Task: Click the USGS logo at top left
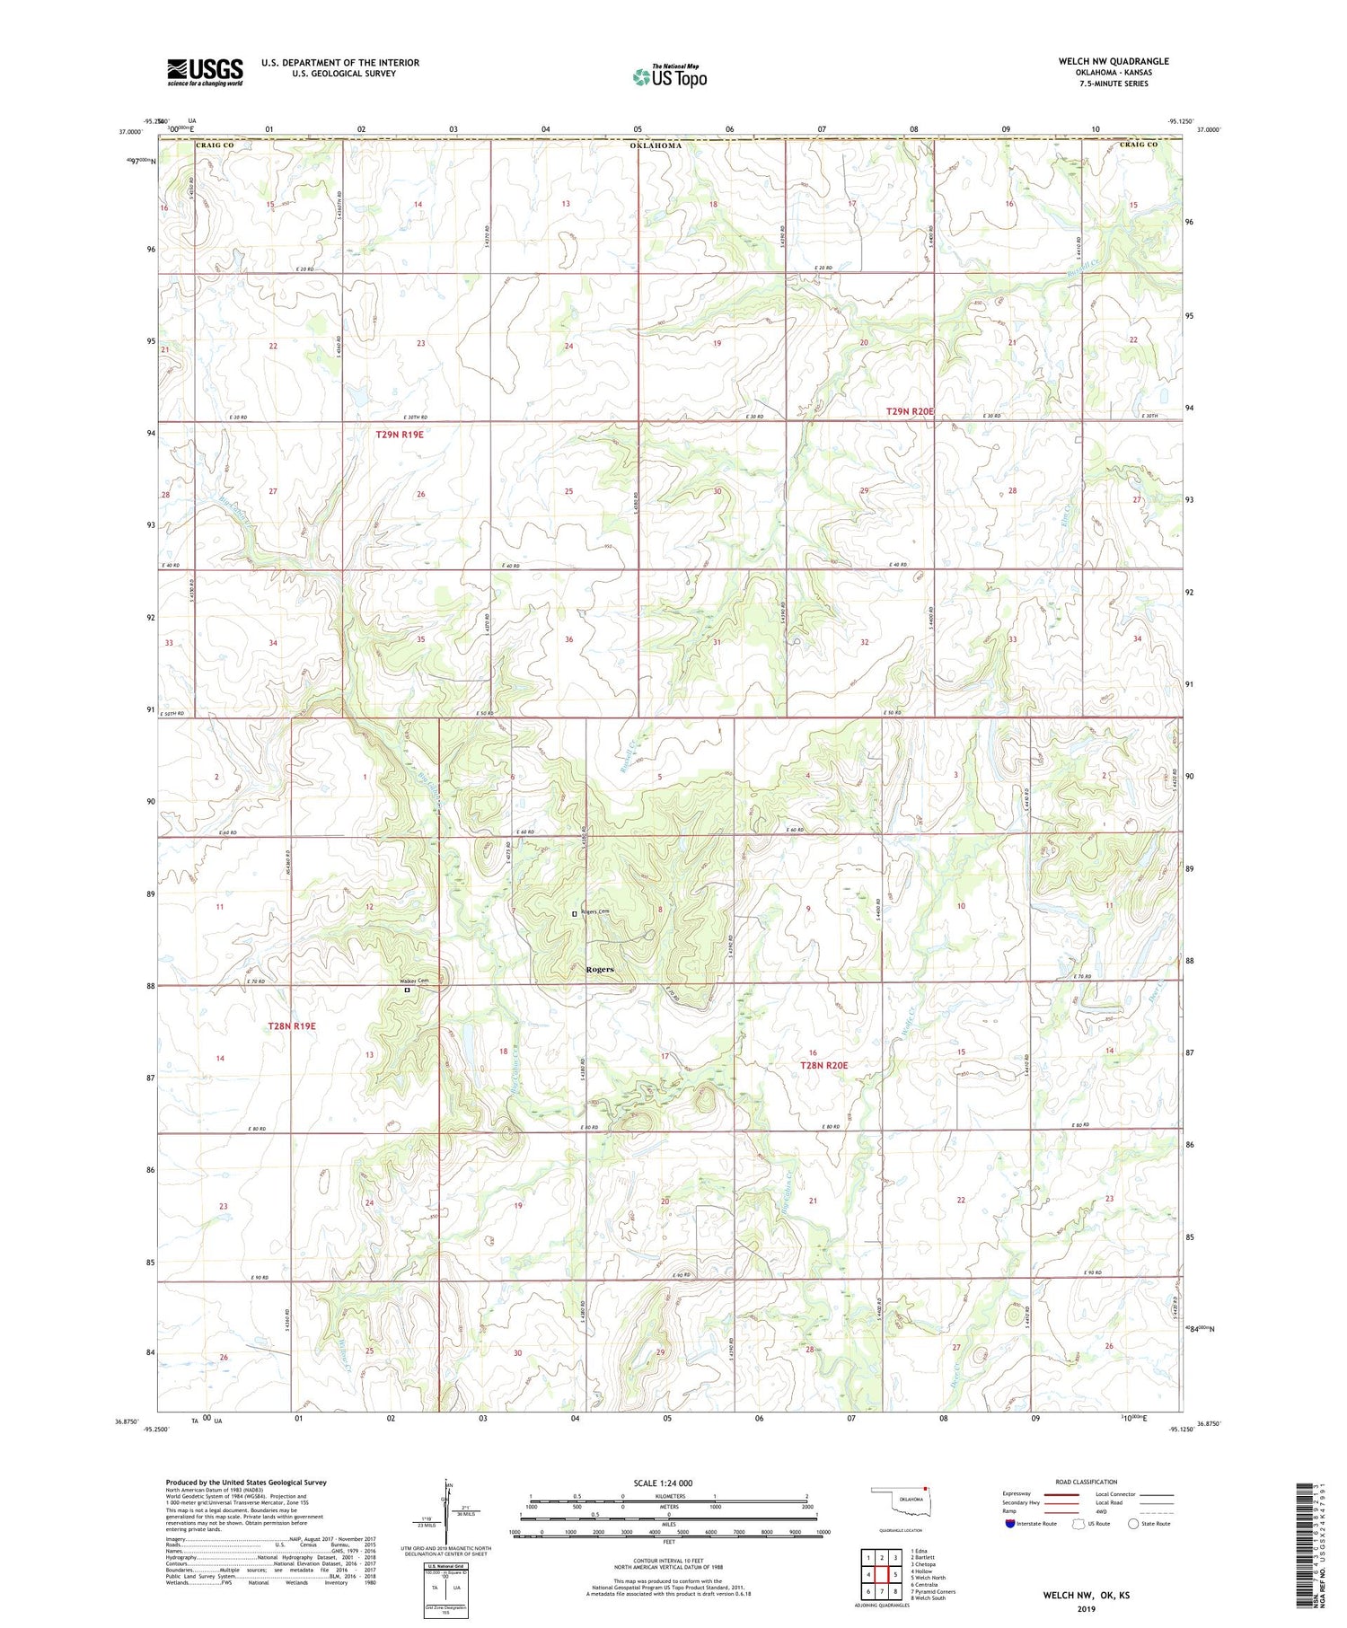point(205,72)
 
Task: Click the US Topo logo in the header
point(669,77)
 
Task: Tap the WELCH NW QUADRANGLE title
point(1114,61)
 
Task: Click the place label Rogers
point(600,970)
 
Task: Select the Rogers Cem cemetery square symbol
point(575,914)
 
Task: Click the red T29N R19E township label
point(399,435)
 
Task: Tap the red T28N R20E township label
point(823,1065)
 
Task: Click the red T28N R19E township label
point(292,1025)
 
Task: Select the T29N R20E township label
point(910,411)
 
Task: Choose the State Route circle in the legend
point(1134,1524)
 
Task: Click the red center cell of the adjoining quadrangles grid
point(881,1574)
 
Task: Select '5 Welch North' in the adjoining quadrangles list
point(928,1578)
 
